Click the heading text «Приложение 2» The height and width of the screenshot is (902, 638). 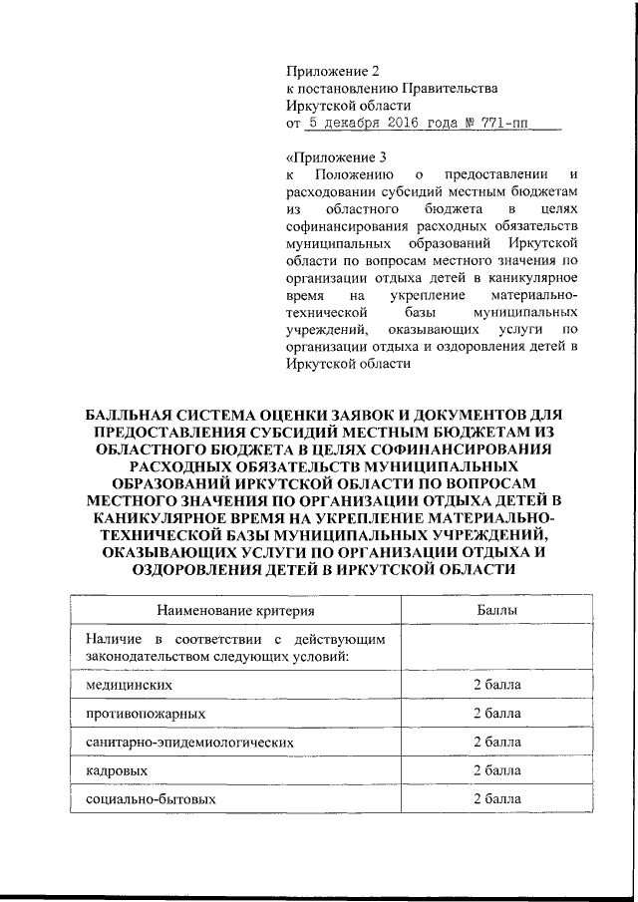(333, 71)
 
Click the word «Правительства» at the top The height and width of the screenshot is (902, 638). (453, 89)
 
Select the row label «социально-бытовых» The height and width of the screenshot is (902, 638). (150, 799)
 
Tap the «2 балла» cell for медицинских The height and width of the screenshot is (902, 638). (496, 686)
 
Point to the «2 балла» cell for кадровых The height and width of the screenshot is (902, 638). (496, 771)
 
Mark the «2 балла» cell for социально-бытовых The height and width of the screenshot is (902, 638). (496, 799)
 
